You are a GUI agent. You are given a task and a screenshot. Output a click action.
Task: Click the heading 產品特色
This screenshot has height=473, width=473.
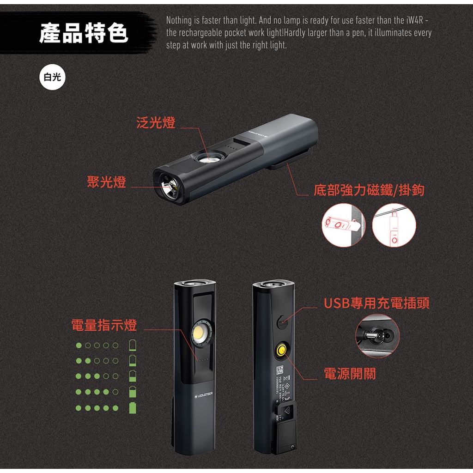(x=84, y=34)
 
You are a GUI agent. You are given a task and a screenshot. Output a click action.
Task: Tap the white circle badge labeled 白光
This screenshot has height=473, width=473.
(x=52, y=77)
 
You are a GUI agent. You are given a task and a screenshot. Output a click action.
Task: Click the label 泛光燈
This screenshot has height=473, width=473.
(x=156, y=123)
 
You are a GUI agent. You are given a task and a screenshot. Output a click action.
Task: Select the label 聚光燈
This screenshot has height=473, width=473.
(x=106, y=182)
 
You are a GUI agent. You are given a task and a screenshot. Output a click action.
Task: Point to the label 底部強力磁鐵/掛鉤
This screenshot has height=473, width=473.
(x=369, y=190)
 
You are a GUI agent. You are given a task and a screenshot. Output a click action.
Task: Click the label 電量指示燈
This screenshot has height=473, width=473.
(x=104, y=325)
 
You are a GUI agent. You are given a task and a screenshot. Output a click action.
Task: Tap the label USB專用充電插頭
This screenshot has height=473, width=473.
(x=376, y=303)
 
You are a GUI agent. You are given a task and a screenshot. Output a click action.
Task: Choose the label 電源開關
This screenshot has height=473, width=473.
(x=350, y=374)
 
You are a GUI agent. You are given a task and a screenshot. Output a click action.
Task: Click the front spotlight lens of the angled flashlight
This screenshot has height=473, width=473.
(x=170, y=188)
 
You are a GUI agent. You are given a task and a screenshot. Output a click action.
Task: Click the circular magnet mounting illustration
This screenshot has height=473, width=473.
(x=343, y=225)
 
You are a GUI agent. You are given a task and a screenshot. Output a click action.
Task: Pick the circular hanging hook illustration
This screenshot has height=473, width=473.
(x=394, y=225)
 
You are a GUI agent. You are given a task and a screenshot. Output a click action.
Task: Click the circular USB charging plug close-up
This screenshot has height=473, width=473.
(x=377, y=336)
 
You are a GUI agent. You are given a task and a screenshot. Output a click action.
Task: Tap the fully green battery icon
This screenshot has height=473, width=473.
(x=133, y=408)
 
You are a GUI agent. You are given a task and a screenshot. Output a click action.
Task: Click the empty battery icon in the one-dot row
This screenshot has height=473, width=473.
(x=133, y=345)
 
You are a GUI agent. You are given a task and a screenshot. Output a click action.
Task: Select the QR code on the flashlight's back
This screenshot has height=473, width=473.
(x=279, y=370)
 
